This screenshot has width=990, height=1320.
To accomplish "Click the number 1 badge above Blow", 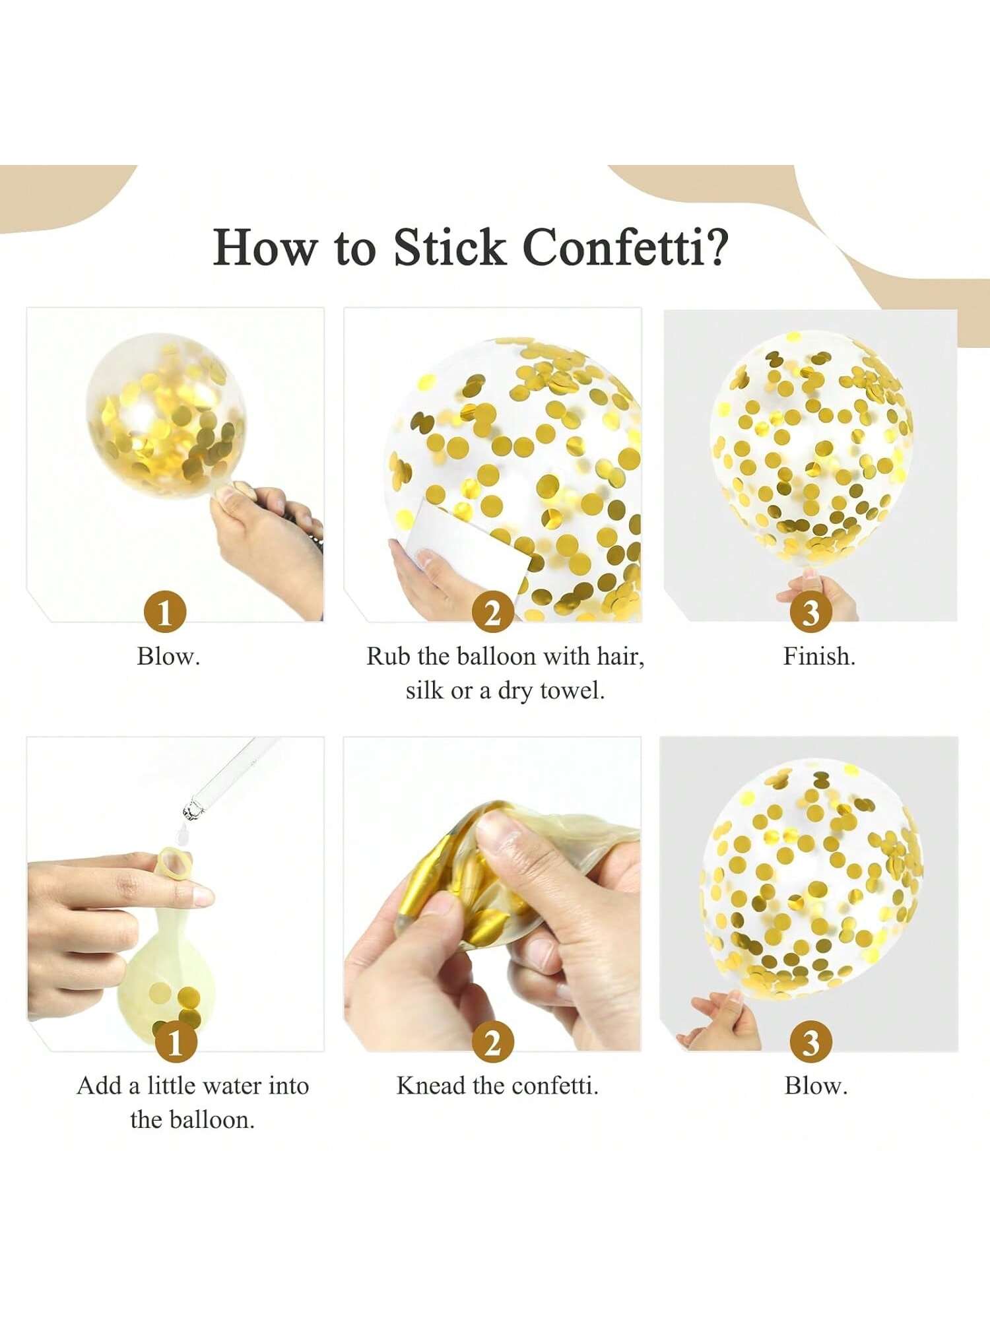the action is (x=164, y=612).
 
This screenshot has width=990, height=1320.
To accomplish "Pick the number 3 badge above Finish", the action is (x=810, y=612).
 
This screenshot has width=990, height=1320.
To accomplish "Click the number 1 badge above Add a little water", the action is (x=175, y=1042).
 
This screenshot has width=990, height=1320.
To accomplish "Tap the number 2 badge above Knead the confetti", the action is (x=492, y=1042).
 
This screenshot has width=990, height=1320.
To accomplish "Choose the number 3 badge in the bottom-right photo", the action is (x=810, y=1042).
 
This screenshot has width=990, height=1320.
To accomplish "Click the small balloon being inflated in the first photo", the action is (x=165, y=413).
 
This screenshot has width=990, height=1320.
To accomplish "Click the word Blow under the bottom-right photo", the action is (x=816, y=1086).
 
